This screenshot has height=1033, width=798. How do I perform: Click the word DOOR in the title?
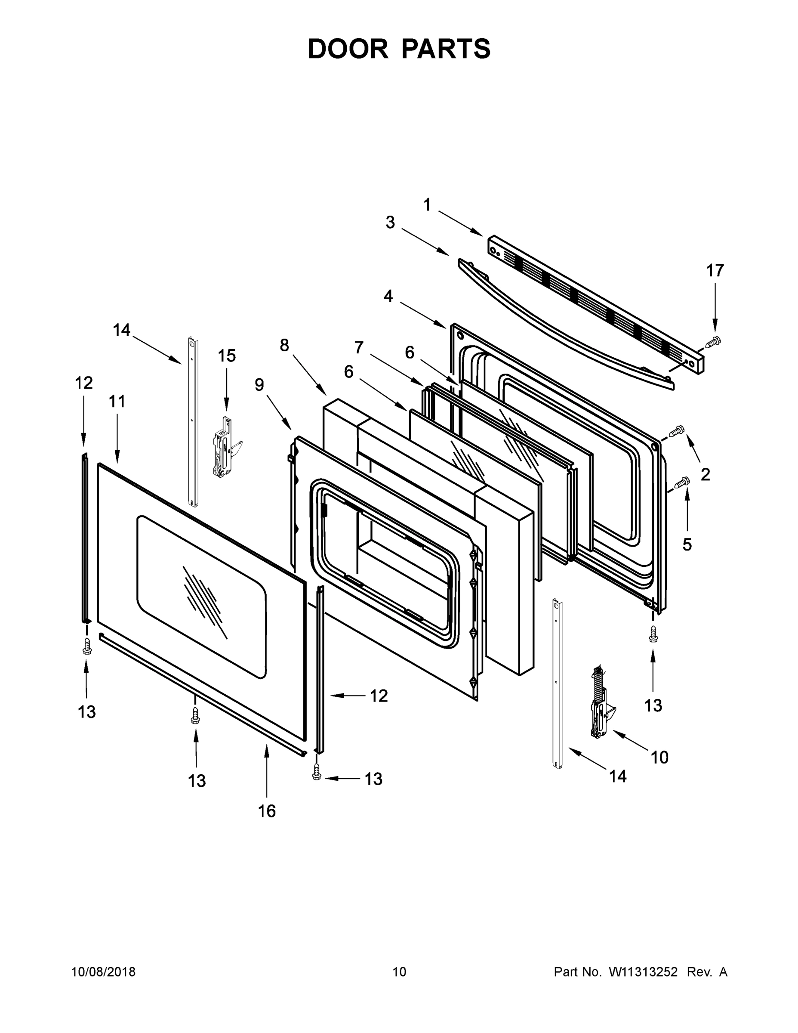point(348,49)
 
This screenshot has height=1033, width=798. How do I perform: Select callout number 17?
point(715,271)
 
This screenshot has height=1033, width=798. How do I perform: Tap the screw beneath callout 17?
point(712,341)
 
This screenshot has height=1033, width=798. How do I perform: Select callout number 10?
point(659,757)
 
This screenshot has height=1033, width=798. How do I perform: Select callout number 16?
point(267,811)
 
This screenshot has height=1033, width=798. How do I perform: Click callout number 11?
point(117,402)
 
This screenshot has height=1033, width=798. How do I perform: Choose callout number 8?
point(284,345)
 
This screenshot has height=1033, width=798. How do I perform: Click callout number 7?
point(359,348)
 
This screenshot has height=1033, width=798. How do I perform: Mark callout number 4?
point(388,296)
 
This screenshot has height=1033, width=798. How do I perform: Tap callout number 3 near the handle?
point(390,222)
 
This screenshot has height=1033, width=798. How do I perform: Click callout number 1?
point(427,205)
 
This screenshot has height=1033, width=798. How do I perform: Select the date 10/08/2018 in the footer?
point(104,971)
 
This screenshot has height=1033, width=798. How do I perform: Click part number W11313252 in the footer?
point(643,971)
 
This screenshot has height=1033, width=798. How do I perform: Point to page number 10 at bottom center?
point(399,971)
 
